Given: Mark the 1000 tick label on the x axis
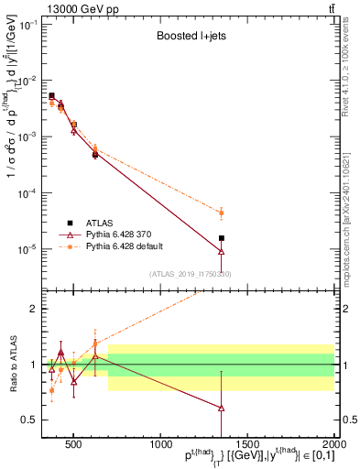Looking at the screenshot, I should pos(158,444).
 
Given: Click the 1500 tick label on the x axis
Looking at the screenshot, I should pos(246,444).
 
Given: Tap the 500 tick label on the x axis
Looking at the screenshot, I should pos(73,444).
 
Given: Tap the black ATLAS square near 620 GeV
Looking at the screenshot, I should pos(95,155).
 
